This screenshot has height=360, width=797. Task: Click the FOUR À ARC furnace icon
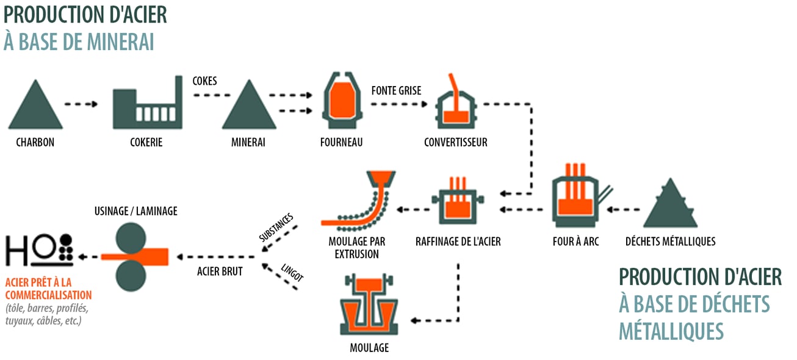tap(575, 195)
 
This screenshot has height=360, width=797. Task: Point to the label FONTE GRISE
tap(396, 90)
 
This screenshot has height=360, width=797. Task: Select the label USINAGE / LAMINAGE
tap(136, 211)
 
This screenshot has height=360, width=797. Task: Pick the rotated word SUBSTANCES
tap(275, 228)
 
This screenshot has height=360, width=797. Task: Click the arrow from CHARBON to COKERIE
tap(81, 104)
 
